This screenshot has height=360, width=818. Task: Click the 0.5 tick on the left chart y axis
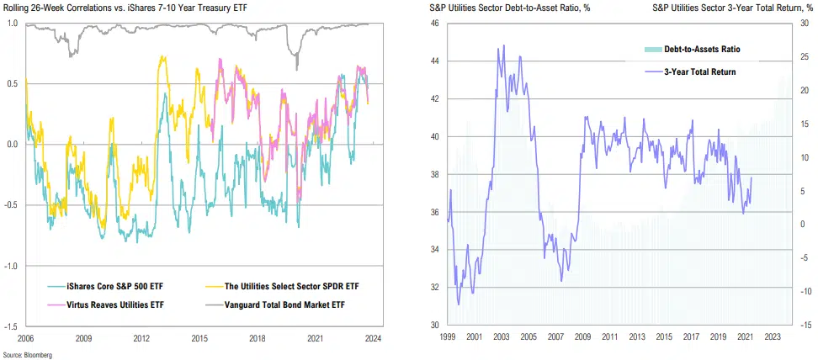pos(12,83)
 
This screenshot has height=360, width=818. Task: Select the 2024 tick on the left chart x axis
pos(373,337)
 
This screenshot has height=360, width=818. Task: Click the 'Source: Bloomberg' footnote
pos(27,355)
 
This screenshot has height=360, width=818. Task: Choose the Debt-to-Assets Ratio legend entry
pos(697,50)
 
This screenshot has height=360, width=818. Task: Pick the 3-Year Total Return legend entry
pos(697,71)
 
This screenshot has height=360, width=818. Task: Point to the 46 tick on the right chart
pos(434,24)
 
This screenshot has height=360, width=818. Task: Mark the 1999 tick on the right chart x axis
pos(449,337)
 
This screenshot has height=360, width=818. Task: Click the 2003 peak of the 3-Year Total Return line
pos(503,45)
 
